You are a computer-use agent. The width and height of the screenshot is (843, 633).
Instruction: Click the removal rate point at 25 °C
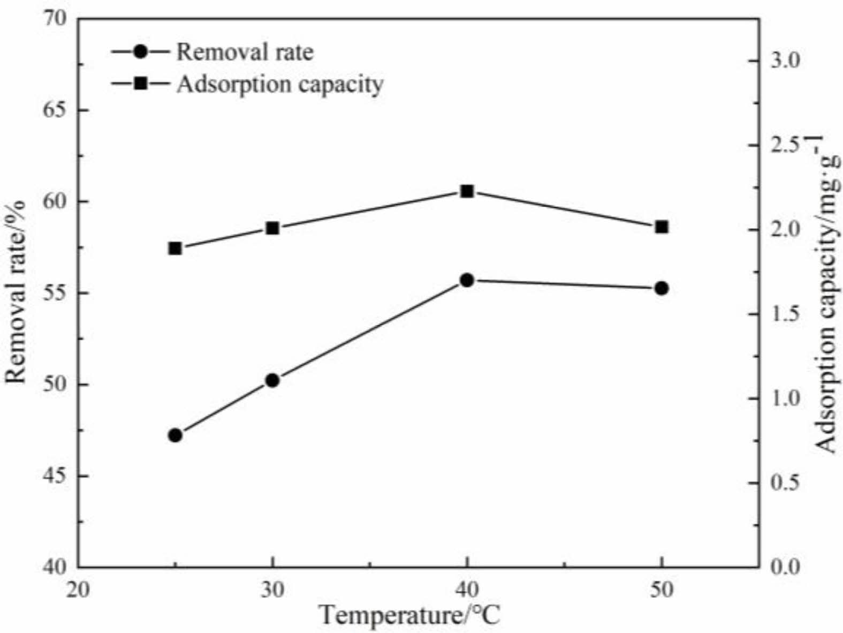175,435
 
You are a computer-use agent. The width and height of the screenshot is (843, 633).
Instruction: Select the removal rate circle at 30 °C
272,380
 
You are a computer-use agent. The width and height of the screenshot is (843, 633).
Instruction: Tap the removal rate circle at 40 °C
467,280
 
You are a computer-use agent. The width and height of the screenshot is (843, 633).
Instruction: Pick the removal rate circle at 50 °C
662,288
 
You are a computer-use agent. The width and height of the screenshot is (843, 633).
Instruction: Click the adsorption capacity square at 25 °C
175,248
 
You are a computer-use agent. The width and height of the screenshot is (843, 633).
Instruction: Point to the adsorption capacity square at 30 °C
272,229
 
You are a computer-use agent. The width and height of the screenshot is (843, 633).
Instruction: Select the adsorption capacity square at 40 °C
467,191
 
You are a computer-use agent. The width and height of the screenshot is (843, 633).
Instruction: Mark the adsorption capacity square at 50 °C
662,227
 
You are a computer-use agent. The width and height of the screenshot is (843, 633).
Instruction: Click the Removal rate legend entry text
245,52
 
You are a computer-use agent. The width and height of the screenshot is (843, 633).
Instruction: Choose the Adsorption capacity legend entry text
280,84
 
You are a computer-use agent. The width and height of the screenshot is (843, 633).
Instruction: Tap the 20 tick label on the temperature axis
79,590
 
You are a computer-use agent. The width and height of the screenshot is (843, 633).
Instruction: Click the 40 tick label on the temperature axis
467,590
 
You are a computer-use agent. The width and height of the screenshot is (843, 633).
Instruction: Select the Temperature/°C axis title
409,615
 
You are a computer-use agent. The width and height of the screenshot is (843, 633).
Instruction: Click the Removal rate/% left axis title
16,292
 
